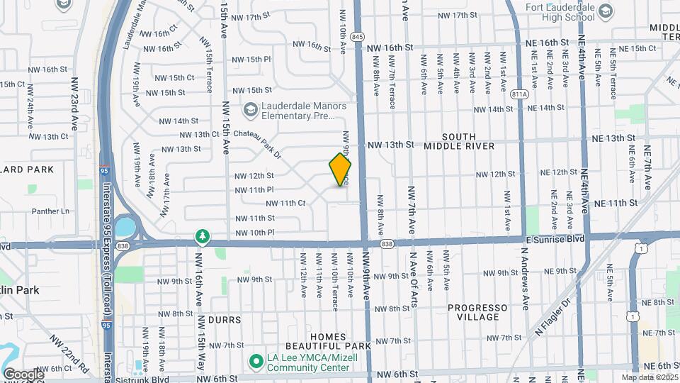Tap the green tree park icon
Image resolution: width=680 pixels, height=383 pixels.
click(x=203, y=236)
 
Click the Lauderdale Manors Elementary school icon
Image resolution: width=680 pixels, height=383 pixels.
click(x=249, y=110)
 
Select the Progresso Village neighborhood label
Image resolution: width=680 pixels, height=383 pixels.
click(x=477, y=312)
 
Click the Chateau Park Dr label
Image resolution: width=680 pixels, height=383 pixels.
click(x=259, y=143)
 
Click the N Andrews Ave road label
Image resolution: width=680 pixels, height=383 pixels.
click(x=525, y=279)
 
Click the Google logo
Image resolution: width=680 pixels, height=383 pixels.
click(x=23, y=374)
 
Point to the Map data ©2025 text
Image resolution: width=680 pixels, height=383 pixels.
click(x=649, y=377)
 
